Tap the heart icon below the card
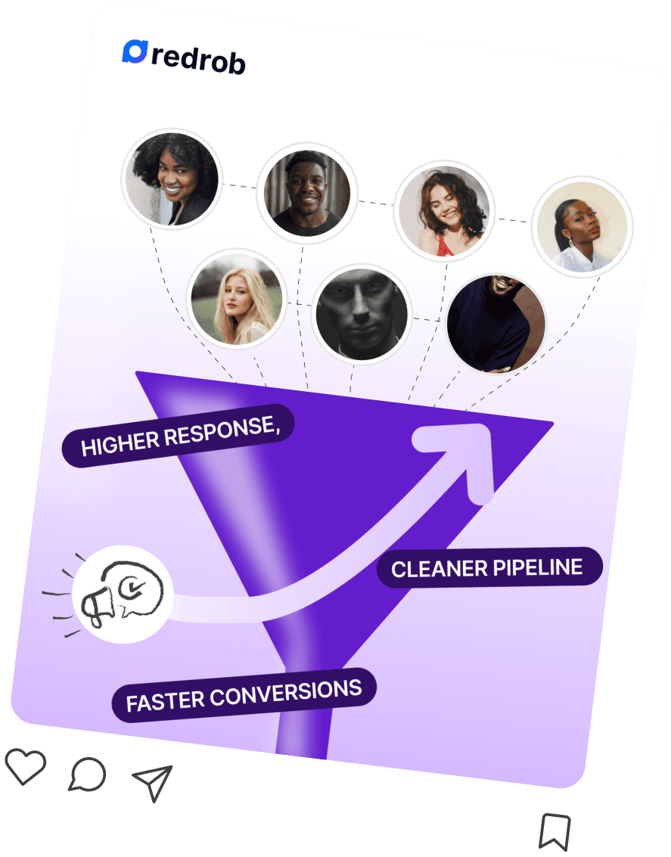(25, 765)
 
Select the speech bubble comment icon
(87, 775)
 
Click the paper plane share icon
(154, 781)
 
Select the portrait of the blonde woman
(237, 297)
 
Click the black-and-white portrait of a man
(361, 314)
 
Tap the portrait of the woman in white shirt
(582, 226)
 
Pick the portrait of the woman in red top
(443, 211)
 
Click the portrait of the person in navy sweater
(495, 323)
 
